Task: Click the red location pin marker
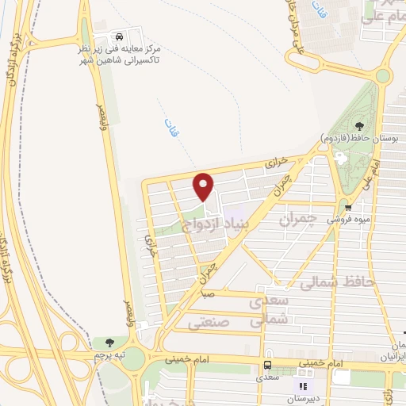tap(205, 187)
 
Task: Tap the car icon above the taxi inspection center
tap(119, 37)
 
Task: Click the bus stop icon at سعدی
tap(267, 366)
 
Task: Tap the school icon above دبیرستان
tap(301, 386)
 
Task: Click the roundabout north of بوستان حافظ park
tap(383, 76)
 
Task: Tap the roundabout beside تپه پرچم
tap(136, 358)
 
